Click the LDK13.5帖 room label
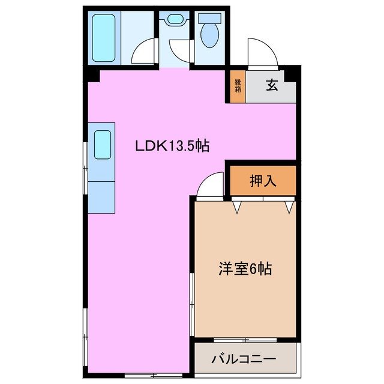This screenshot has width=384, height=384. coord(172,145)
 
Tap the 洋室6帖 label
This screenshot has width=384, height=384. coord(244,269)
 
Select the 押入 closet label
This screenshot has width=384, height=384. coord(262,181)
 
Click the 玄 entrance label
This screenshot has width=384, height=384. coord(272,85)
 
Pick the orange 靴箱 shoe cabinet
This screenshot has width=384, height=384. coord(238,86)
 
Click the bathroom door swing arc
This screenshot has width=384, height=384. coord(144,53)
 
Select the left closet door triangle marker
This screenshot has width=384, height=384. coord(238,208)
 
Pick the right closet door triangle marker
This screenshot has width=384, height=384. coord(289,208)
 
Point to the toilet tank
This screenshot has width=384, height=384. coord(209,18)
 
